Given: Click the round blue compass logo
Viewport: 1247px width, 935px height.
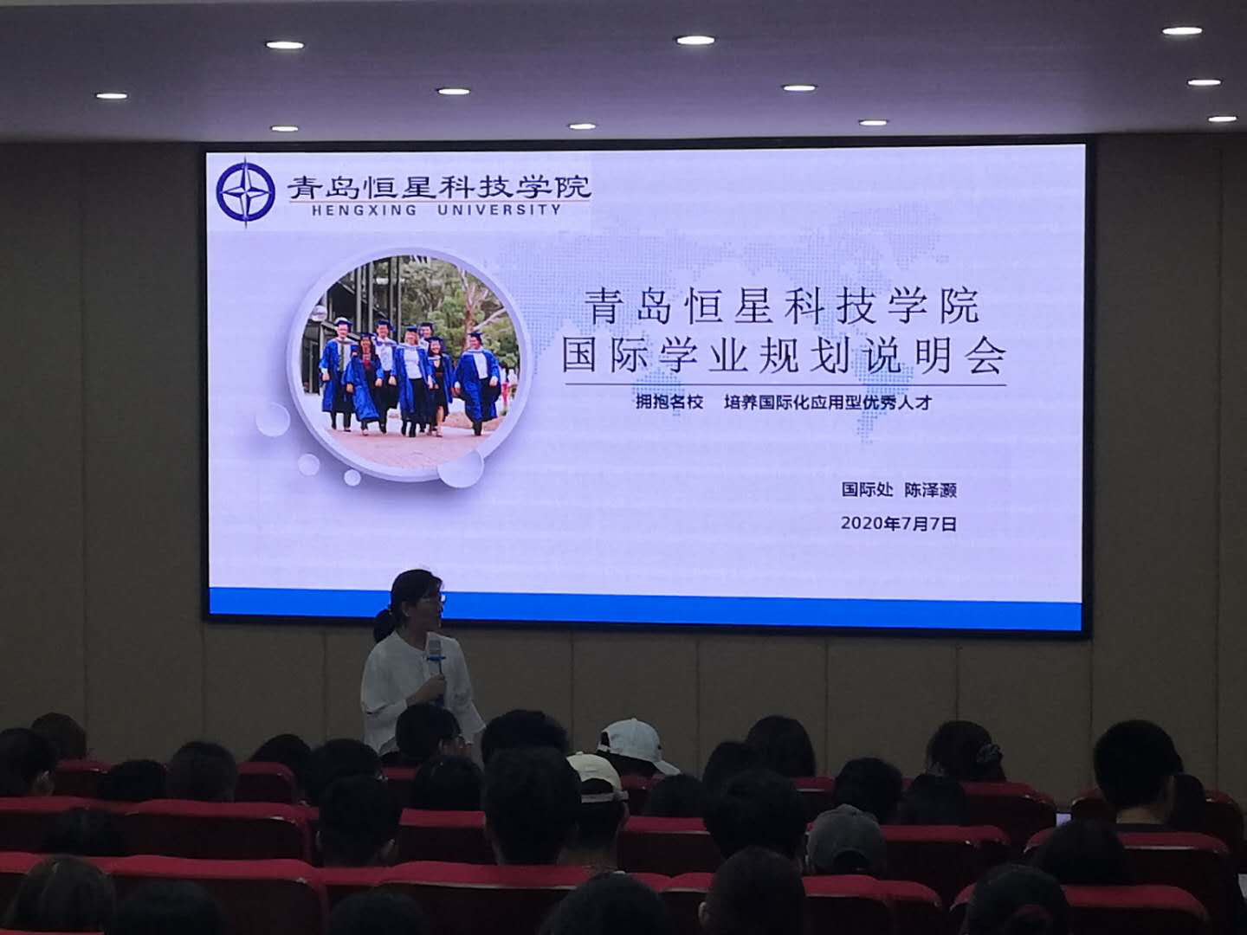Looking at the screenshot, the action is pyautogui.click(x=245, y=192).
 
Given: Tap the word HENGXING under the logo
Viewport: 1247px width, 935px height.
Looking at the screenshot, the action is pyautogui.click(x=364, y=210).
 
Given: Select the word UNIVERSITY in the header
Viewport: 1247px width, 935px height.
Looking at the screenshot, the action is pyautogui.click(x=500, y=210).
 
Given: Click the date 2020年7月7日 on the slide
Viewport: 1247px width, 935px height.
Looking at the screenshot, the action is pyautogui.click(x=899, y=524).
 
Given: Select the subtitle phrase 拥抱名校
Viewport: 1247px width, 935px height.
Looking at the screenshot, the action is pyautogui.click(x=669, y=403).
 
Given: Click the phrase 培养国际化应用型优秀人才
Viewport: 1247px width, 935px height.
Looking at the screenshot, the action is pyautogui.click(x=829, y=403).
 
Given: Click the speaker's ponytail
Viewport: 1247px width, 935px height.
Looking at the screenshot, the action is pyautogui.click(x=384, y=623).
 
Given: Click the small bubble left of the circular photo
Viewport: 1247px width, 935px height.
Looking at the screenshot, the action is pyautogui.click(x=273, y=419).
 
